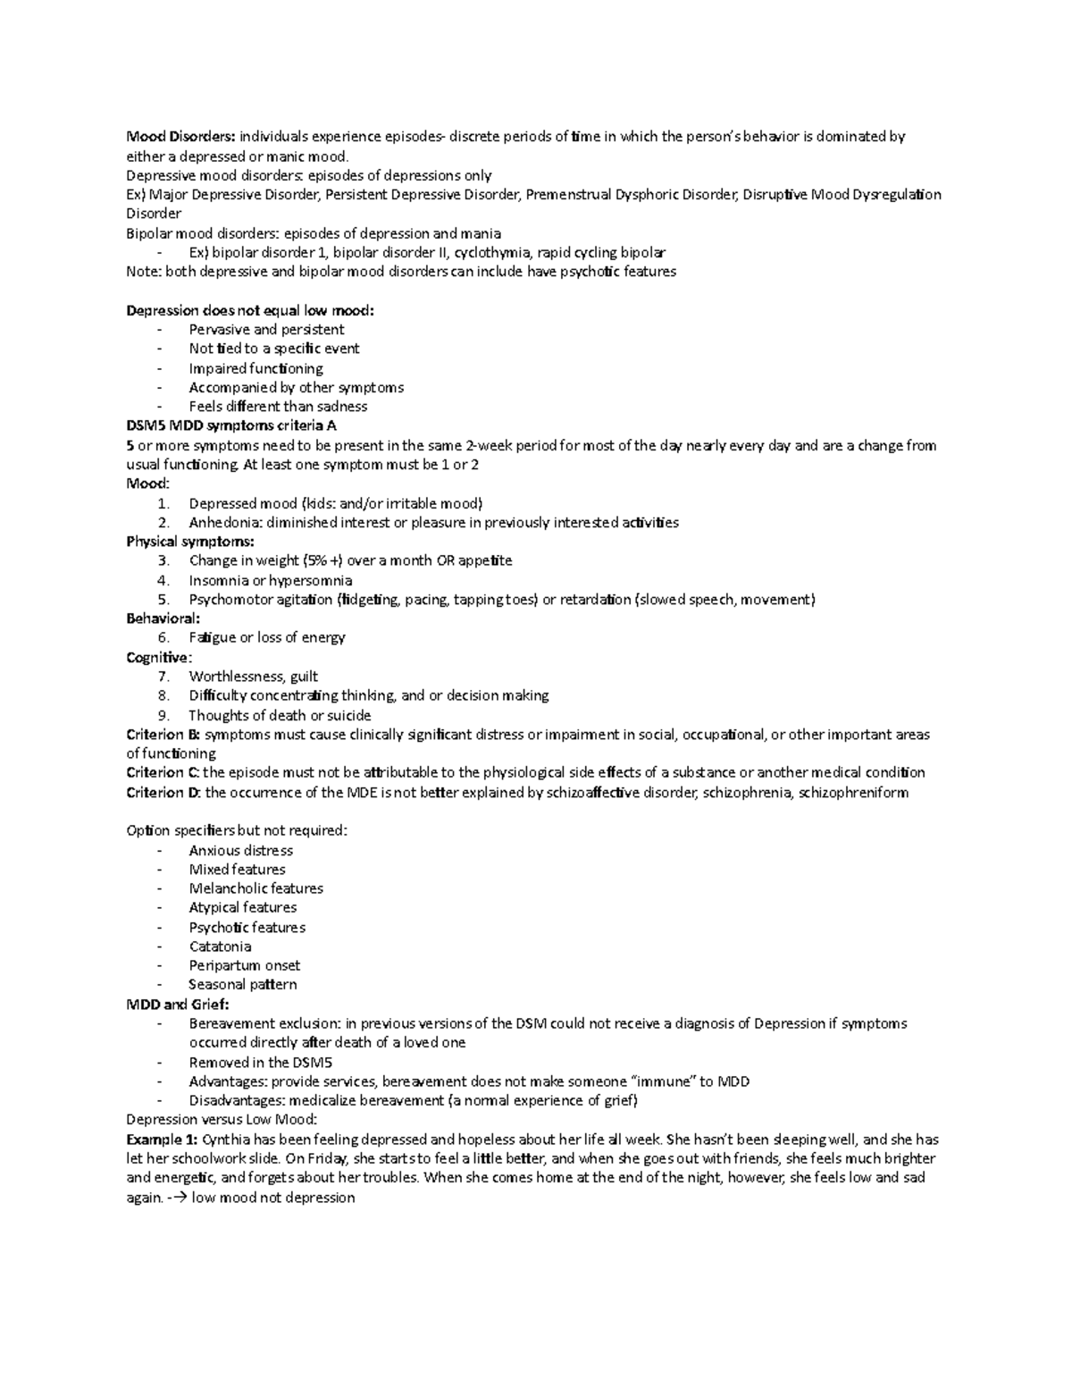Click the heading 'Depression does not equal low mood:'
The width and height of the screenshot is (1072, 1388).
pyautogui.click(x=250, y=310)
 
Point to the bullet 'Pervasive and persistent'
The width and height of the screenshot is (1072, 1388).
pyautogui.click(x=266, y=330)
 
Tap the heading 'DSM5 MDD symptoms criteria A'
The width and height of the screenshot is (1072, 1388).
pyautogui.click(x=231, y=426)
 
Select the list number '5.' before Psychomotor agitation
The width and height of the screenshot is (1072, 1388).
pyautogui.click(x=163, y=600)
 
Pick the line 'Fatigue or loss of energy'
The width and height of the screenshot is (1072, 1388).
pyautogui.click(x=266, y=638)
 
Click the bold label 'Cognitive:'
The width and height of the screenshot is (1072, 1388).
pyautogui.click(x=159, y=658)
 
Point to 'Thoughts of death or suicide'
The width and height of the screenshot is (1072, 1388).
pyautogui.click(x=279, y=715)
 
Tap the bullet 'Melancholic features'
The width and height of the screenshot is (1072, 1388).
pyautogui.click(x=255, y=888)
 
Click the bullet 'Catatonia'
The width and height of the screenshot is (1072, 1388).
pyautogui.click(x=220, y=946)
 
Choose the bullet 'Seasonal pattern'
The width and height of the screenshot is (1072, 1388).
pyautogui.click(x=242, y=985)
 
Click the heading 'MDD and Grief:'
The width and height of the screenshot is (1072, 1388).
pyautogui.click(x=178, y=1004)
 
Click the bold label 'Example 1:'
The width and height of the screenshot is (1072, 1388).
pyautogui.click(x=163, y=1140)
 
